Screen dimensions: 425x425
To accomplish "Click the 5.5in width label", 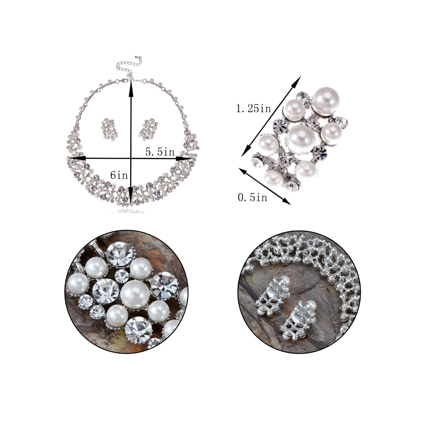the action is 160,152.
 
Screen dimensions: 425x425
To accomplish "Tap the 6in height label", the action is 119,175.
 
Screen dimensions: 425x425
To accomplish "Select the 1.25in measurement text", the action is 253,108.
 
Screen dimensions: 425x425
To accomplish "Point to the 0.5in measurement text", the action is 253,197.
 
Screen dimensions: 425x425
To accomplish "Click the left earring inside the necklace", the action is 109,130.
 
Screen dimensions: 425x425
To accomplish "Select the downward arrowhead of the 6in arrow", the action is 131,195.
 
